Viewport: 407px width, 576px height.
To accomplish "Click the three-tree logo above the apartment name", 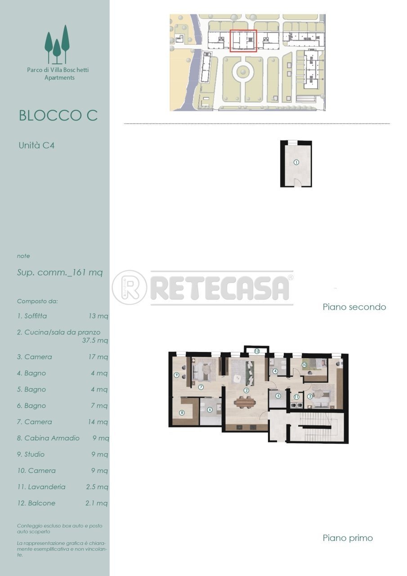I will click(57, 44).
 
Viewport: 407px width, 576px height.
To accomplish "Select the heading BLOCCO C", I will click(58, 115).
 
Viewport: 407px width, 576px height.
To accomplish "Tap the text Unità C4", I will click(36, 145).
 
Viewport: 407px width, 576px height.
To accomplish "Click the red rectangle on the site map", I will click(243, 41).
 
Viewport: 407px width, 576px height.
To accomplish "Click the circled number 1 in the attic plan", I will click(296, 162).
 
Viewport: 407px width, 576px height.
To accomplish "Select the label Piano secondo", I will click(354, 307).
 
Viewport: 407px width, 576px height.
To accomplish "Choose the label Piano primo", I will click(348, 538).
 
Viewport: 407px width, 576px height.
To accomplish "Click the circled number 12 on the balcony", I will click(257, 351).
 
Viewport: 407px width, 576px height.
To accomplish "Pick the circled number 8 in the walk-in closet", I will click(182, 412).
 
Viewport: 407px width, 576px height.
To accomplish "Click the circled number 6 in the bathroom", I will click(210, 409).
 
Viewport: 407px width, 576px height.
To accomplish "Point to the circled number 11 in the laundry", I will click(296, 397).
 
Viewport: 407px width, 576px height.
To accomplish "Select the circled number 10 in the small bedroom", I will click(304, 364).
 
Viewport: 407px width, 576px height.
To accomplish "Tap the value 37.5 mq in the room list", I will click(94, 341).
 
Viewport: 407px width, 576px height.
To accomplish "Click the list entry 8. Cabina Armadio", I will click(49, 438).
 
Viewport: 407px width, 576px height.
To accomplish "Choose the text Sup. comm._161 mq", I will click(60, 272).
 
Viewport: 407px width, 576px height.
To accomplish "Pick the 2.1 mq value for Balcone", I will click(96, 503).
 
